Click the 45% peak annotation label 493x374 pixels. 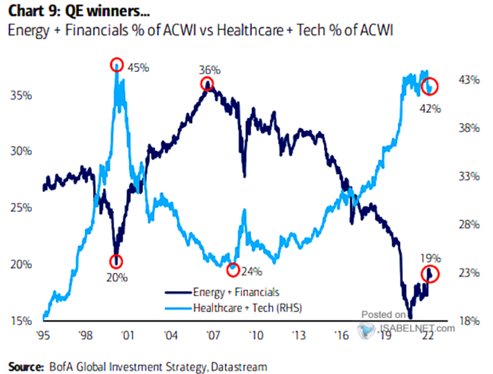139,66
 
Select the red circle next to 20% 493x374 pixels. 115,261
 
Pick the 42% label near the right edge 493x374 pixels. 430,108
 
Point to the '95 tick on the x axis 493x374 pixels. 44,335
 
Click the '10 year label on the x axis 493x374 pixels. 256,335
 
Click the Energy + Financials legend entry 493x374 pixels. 236,292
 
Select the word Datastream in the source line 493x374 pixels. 239,366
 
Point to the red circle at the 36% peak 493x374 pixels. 207,84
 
